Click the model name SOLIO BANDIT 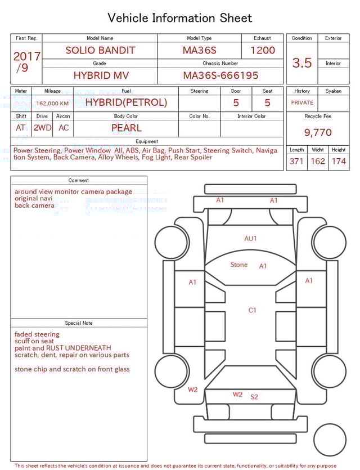point(100,50)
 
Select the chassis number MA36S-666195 point(220,75)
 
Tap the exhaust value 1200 point(263,50)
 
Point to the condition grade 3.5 point(302,63)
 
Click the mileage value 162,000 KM point(52,104)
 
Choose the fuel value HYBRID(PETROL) point(126,102)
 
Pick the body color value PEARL point(126,128)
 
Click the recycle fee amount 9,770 point(318,133)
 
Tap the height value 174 point(339,162)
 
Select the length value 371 point(296,162)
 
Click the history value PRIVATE point(302,103)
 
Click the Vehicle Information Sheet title point(180,18)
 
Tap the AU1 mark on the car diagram point(250,238)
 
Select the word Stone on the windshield point(238,265)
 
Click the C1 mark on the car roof point(253,310)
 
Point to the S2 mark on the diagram point(254,397)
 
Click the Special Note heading point(79,323)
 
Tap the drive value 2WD point(42,128)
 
